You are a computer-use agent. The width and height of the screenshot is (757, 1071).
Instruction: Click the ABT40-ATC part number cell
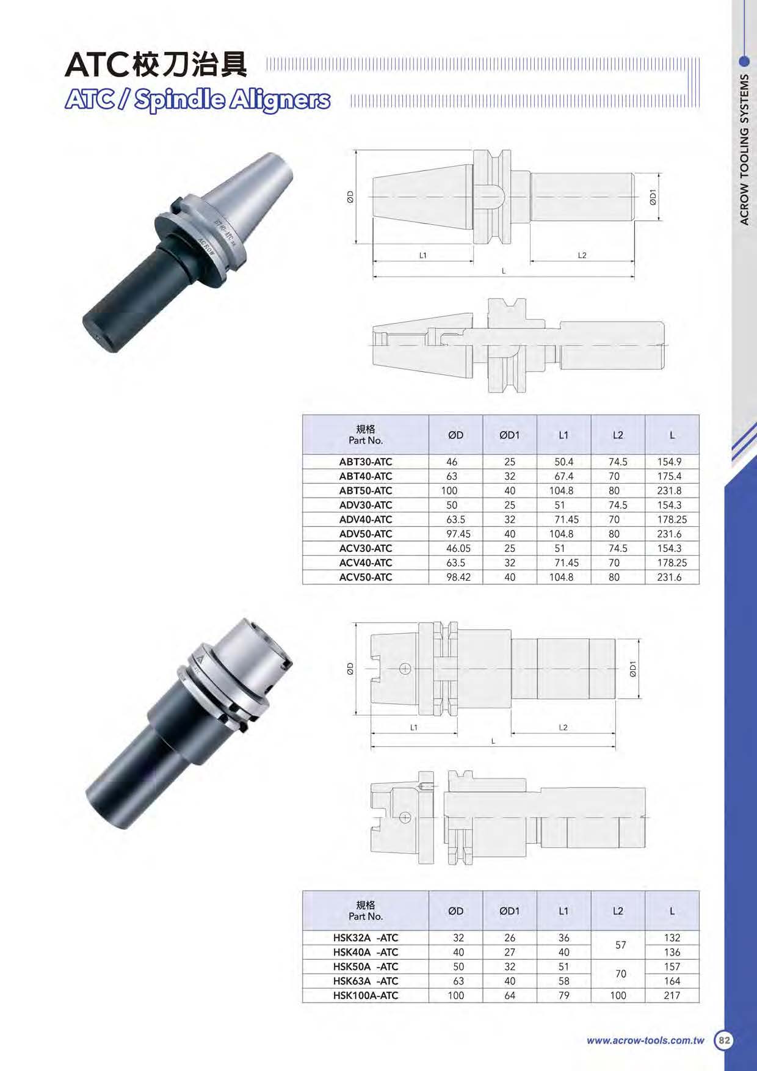coord(366,476)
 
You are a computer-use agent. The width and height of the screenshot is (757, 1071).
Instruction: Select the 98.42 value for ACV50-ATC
coord(458,577)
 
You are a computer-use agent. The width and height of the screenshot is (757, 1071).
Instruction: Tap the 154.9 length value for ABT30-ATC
coord(669,462)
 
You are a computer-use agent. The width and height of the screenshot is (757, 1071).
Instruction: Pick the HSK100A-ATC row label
coord(366,995)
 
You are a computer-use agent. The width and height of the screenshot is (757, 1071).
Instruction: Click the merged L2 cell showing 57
coord(621,945)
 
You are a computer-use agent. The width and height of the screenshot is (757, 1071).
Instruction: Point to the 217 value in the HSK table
coord(672,995)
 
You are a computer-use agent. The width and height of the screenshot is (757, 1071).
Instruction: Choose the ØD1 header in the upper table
coord(510,435)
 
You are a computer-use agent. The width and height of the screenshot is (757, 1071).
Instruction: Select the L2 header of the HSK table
coord(618,910)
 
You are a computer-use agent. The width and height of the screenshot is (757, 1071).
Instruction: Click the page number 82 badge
coord(724,1040)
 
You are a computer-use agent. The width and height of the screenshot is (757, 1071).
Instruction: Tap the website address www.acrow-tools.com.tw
coord(645,1040)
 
